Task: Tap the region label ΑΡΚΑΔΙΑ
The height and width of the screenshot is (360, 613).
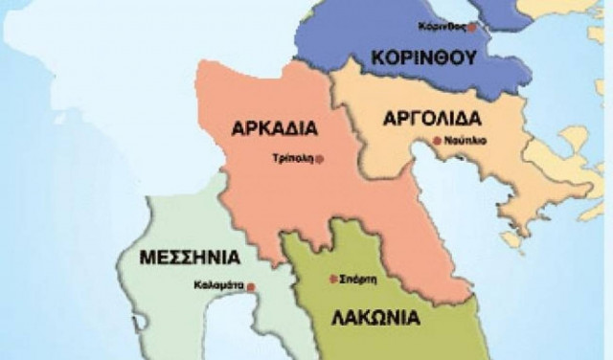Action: pos(275,127)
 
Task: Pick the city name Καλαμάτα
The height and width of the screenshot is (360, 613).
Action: pos(219,285)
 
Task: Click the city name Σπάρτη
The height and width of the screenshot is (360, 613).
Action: pos(355,279)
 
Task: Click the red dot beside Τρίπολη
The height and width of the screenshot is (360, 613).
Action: pos(319,158)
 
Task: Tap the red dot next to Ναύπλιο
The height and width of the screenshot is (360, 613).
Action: pos(437,141)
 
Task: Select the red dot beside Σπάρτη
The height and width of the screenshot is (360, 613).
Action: pos(332,279)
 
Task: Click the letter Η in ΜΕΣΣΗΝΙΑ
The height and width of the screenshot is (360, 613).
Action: pos(202,259)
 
